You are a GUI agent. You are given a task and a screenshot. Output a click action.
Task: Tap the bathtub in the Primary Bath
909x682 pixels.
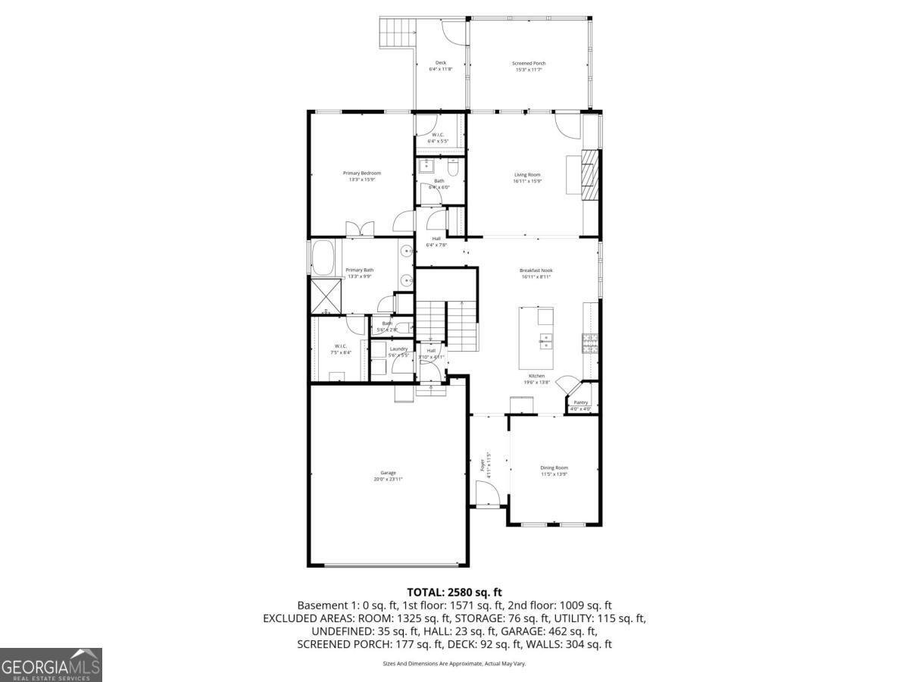pos(326,257)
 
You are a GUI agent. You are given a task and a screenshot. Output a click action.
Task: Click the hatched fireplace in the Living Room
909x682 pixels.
pos(589,174)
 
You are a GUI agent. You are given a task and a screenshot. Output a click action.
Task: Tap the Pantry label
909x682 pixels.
pos(581,402)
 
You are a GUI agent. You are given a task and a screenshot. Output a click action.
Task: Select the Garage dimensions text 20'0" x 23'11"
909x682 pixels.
pos(388,479)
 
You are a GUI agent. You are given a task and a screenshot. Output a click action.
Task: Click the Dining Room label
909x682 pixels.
pos(554,468)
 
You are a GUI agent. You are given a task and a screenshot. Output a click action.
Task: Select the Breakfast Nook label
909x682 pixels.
pos(536,271)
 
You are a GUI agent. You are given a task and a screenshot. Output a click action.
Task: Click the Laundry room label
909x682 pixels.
pos(398,349)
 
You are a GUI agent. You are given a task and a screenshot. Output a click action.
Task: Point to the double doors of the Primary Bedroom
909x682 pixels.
pos(356,229)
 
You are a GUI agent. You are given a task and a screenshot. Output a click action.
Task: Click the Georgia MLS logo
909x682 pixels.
pos(51,665)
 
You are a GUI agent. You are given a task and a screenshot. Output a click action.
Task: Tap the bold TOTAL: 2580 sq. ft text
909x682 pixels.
pos(454,592)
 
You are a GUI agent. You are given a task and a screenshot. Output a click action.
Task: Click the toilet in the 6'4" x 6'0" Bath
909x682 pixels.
pos(454,167)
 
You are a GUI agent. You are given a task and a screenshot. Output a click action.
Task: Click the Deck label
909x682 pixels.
pos(440,63)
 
